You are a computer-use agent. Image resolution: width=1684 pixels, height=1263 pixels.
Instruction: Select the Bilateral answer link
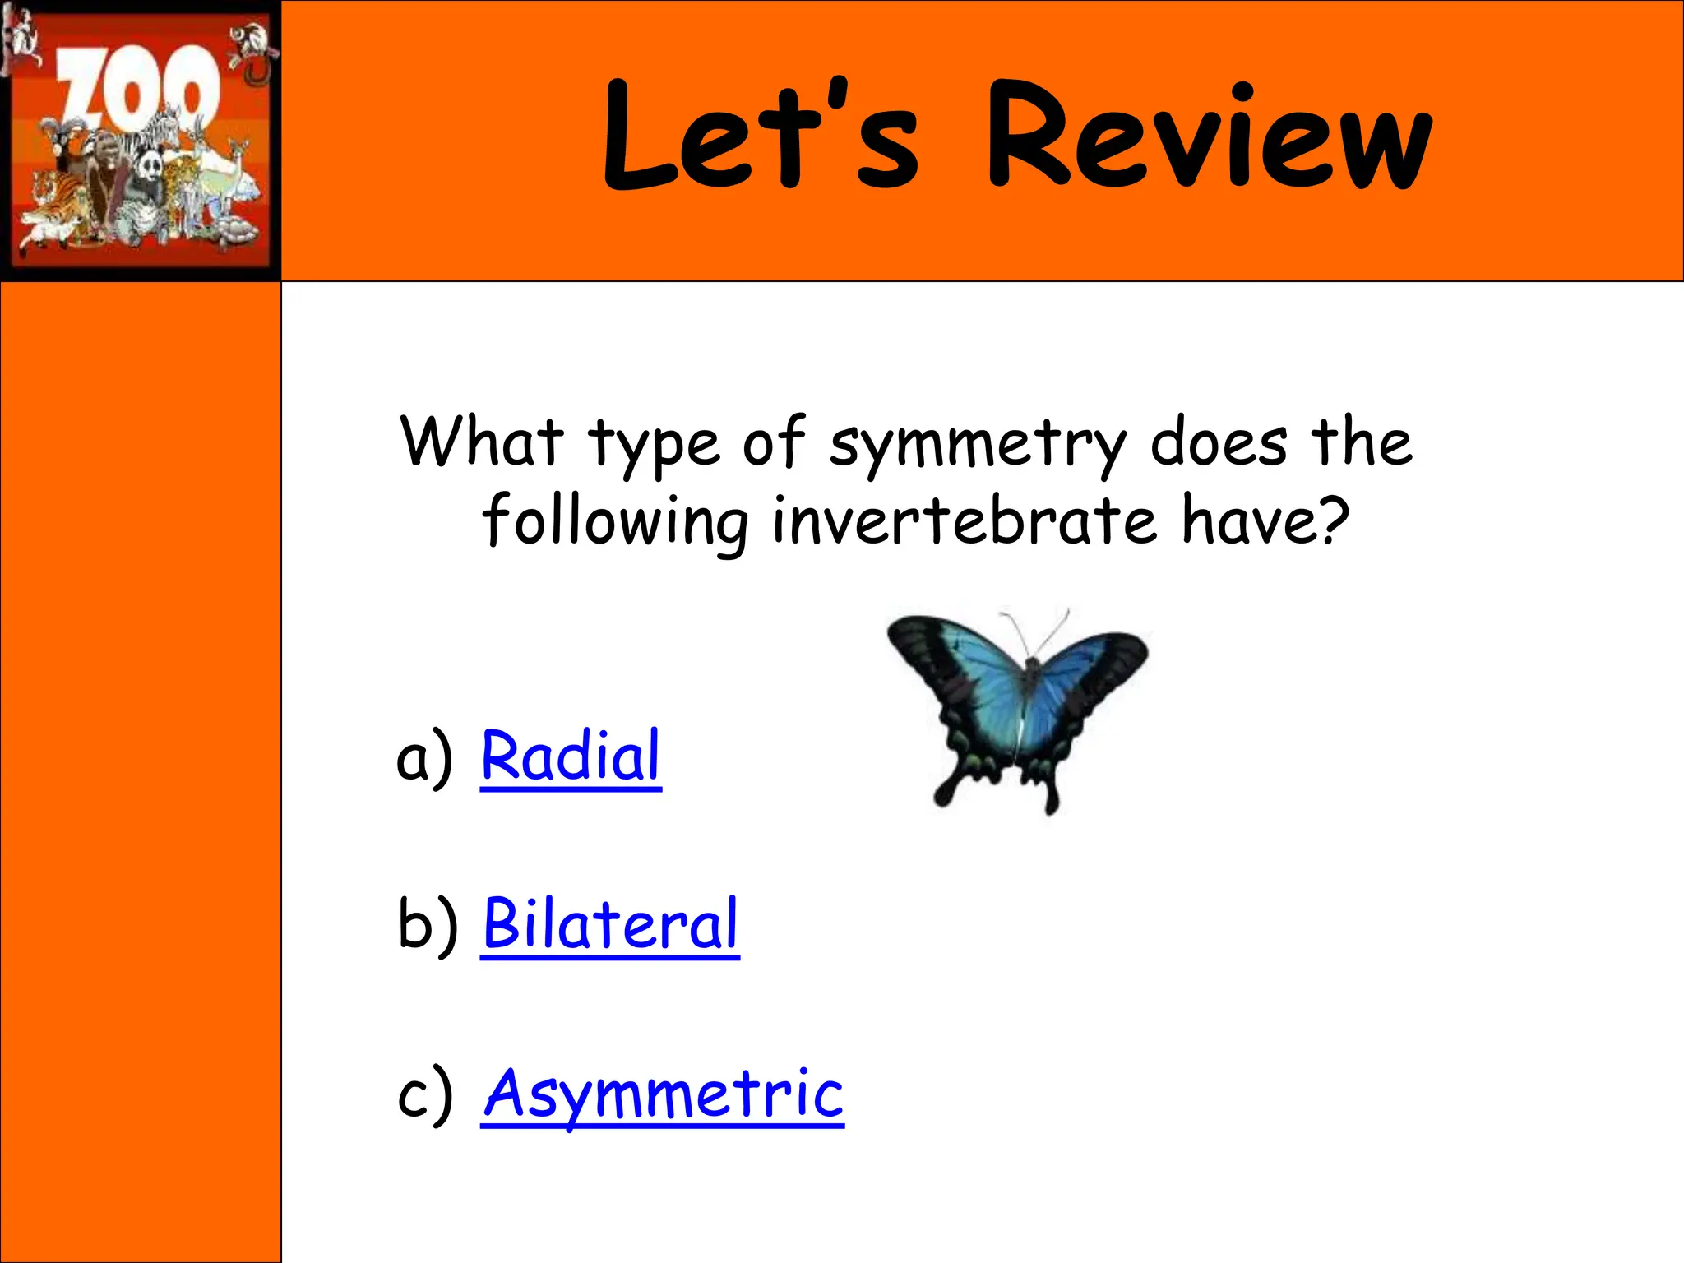tap(610, 924)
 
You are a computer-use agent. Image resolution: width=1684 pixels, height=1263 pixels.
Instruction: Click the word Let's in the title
tap(761, 136)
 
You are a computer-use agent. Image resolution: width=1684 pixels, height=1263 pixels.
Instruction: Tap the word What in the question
tap(482, 442)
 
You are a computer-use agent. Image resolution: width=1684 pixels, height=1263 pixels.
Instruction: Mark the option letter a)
tap(424, 758)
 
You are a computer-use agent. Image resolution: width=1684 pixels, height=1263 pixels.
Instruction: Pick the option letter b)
tap(427, 924)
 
